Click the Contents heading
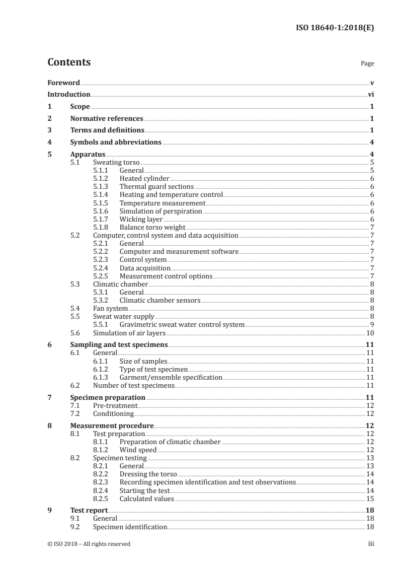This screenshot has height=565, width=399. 69,62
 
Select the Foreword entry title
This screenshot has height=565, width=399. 63,83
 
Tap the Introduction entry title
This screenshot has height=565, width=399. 68,94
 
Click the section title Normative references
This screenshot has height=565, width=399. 106,119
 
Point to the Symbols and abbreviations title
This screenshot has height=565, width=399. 115,142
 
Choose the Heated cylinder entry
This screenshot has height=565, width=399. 144,179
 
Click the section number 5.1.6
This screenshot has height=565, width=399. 102,211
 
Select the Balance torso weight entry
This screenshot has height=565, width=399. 152,227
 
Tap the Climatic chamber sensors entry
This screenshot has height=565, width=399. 159,300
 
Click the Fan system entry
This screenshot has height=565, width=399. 110,308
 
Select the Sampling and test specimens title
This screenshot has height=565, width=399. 118,345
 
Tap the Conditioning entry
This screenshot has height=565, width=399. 113,413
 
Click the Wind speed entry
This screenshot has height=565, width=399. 138,450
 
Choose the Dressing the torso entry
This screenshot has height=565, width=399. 148,474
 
